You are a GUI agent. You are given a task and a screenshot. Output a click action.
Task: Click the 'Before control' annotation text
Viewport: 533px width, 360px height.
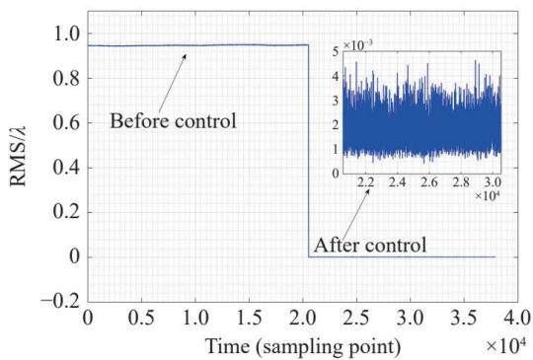coord(173,120)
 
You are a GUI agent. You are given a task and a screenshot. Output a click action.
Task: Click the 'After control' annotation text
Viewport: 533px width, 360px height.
coord(370,245)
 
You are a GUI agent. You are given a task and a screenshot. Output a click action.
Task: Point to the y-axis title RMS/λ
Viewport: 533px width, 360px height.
coord(19,157)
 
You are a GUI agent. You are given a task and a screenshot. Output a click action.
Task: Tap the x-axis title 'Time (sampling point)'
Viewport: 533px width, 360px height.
coord(303,346)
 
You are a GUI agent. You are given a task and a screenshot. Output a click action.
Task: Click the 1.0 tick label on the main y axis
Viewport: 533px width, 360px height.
coord(68,34)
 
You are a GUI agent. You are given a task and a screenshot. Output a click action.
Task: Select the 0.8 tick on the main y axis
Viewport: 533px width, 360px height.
coord(67,79)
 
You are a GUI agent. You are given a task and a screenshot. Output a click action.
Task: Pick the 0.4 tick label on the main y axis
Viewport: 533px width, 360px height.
coord(67,168)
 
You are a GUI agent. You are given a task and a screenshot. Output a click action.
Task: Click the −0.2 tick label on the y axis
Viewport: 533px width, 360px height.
coord(61,301)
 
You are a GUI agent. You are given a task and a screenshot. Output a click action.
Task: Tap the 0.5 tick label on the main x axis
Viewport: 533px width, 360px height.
coord(141,319)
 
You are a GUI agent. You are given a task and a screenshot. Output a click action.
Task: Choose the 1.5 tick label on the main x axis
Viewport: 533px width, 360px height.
coord(249,319)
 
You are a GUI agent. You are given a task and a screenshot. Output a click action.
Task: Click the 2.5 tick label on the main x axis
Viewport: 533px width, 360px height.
coord(356,319)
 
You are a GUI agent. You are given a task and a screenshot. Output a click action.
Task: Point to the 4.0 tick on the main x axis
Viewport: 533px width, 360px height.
coord(517,319)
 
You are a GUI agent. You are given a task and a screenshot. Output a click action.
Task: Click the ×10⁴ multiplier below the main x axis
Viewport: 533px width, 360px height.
coord(505,345)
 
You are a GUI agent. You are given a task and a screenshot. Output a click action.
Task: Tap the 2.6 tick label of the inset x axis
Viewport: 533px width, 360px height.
coord(429,182)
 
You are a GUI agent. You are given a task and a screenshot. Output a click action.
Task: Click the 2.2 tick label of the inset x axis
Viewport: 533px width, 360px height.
coord(366,182)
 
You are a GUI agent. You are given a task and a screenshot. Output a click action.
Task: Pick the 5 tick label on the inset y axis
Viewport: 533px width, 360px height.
coord(336,52)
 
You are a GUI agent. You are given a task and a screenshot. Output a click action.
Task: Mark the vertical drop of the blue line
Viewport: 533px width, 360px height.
coord(308,151)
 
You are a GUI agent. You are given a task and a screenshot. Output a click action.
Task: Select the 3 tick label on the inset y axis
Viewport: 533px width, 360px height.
coord(336,101)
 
